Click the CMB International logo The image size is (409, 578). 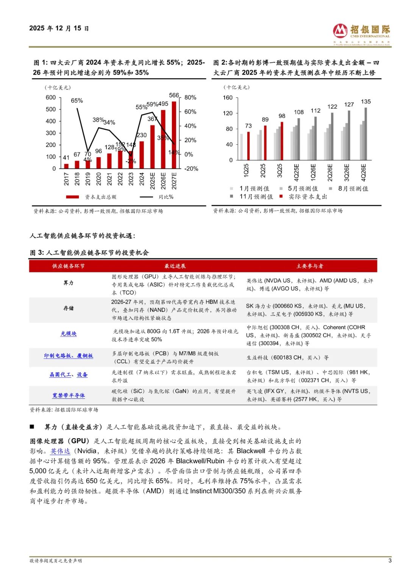361,34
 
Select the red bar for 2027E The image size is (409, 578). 174,135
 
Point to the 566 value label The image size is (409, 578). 174,95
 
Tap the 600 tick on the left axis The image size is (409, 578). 51,98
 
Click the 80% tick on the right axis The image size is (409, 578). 190,98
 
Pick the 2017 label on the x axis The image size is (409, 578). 66,179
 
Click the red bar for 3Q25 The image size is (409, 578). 282,141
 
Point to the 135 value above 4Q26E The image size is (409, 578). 366,102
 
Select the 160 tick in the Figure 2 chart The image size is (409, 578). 228,98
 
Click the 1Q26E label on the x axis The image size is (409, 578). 313,171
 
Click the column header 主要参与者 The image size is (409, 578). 310,266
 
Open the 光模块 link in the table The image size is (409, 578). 69,334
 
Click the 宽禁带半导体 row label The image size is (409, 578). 69,396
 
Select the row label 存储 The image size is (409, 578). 69,308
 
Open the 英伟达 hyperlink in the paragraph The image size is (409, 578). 60,451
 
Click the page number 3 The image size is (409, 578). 390,561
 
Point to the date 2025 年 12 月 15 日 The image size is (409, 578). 59,28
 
